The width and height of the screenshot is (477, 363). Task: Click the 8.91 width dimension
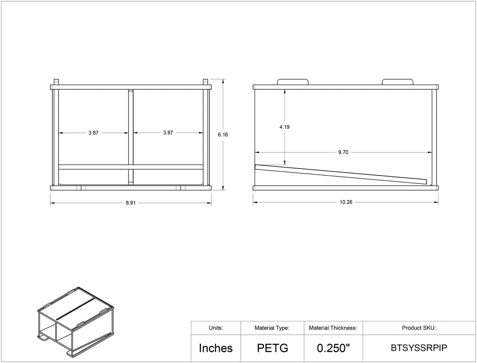click(x=131, y=203)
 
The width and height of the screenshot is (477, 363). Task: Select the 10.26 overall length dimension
click(x=346, y=202)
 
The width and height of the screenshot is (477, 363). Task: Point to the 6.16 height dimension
click(x=223, y=134)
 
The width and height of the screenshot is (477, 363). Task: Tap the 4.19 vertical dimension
click(x=284, y=127)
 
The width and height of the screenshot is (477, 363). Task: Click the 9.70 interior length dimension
click(x=343, y=152)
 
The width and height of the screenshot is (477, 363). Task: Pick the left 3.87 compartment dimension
click(x=93, y=133)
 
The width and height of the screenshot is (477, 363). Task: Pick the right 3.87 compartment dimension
click(x=168, y=133)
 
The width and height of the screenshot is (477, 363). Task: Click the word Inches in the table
click(x=216, y=348)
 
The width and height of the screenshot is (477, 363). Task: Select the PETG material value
click(x=272, y=348)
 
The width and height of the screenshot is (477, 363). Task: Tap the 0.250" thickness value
click(x=333, y=348)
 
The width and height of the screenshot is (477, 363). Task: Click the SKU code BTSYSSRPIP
click(x=419, y=348)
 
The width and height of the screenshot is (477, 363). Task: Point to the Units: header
click(x=216, y=328)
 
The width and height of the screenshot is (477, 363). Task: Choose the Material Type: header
click(x=272, y=328)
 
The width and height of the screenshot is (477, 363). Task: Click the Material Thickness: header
click(x=333, y=328)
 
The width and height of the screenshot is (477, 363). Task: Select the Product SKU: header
click(x=419, y=328)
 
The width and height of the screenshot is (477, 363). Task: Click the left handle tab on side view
click(x=293, y=82)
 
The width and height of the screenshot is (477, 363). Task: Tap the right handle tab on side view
click(x=398, y=82)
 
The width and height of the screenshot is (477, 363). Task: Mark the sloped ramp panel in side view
click(x=341, y=174)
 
